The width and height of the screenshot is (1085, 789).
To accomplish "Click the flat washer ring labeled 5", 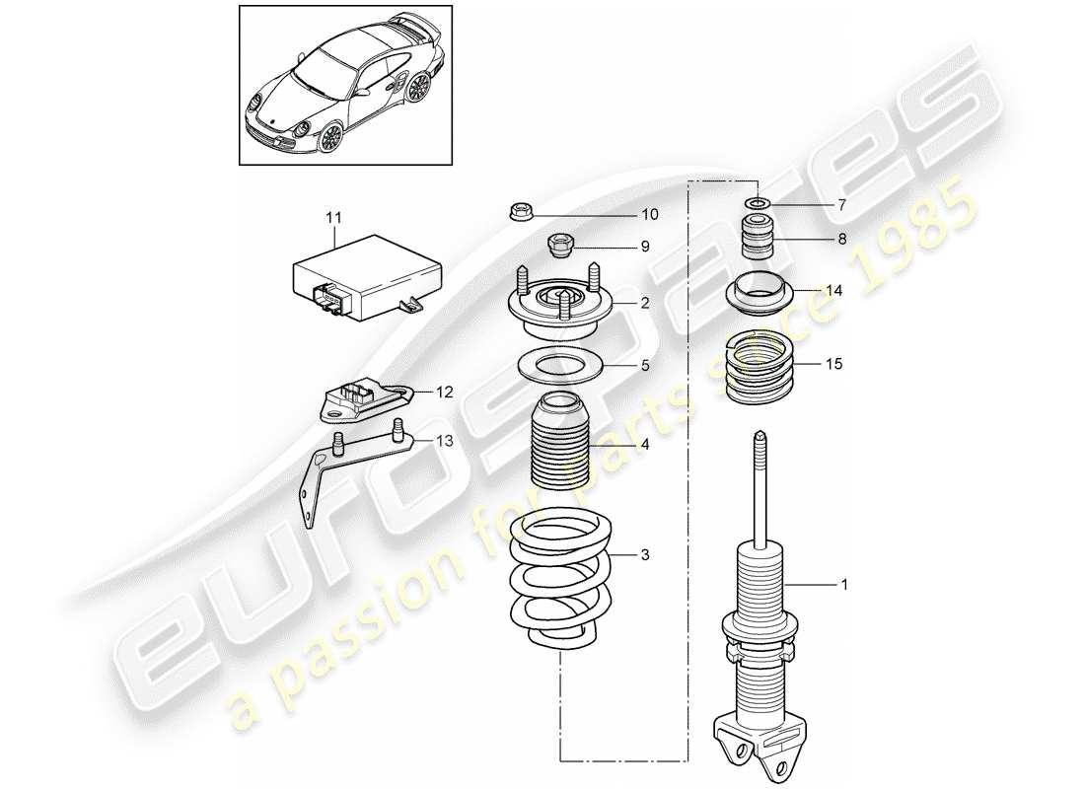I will click(560, 367).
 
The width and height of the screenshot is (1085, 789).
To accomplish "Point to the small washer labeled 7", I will click(758, 204).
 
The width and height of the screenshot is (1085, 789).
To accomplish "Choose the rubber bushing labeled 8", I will click(756, 240).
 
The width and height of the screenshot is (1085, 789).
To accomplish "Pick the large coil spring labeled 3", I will click(559, 582).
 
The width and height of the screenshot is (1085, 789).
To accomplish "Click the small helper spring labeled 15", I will click(757, 368).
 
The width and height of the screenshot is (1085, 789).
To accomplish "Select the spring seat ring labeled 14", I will click(757, 293).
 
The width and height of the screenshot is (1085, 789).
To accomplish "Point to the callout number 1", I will click(843, 585).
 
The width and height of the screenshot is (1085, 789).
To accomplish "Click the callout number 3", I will click(644, 556).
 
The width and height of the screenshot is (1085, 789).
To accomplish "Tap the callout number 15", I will click(834, 364).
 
